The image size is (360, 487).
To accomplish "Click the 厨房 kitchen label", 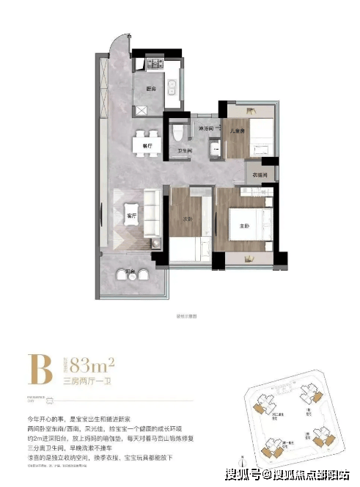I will click(151, 88).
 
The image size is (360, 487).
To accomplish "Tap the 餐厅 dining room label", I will click(147, 145).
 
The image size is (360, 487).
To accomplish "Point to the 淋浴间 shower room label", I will click(206, 129).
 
